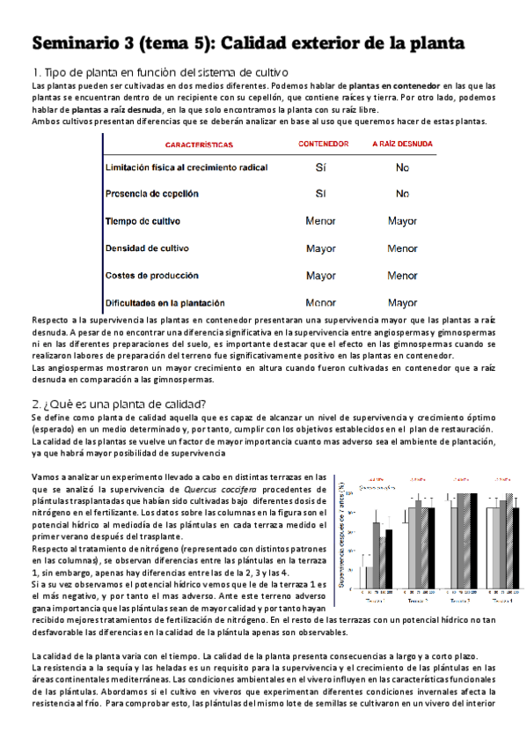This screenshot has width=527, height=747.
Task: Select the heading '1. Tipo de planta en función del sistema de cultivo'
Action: tap(158, 71)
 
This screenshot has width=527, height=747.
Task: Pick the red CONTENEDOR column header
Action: tap(321, 144)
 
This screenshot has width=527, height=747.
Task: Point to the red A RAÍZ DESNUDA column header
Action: tap(402, 144)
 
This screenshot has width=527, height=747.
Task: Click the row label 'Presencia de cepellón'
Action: tap(151, 194)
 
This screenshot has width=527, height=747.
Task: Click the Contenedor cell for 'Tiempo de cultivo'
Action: tap(320, 221)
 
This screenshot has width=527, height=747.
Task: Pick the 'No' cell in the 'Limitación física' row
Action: tap(402, 167)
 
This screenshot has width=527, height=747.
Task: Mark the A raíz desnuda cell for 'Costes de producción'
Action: tap(402, 276)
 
